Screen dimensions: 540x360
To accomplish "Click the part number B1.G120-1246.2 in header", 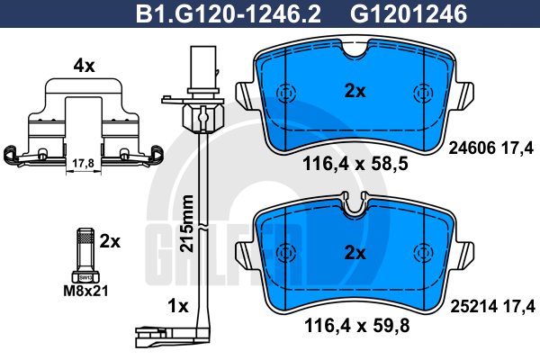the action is (229, 13).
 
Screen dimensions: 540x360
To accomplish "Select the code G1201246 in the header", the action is (409, 13).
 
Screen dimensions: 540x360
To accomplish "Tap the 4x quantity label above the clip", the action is (84, 66).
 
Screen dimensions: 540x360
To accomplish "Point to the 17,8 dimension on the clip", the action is (83, 163).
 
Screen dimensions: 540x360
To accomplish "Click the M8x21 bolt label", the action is (85, 292).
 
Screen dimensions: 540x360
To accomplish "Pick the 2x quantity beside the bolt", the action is (110, 241).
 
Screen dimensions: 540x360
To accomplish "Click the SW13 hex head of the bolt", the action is (85, 277).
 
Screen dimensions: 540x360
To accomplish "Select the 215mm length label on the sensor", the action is (187, 223).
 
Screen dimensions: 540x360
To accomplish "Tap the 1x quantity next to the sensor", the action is (177, 306).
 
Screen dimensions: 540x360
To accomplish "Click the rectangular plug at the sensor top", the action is (203, 67).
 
